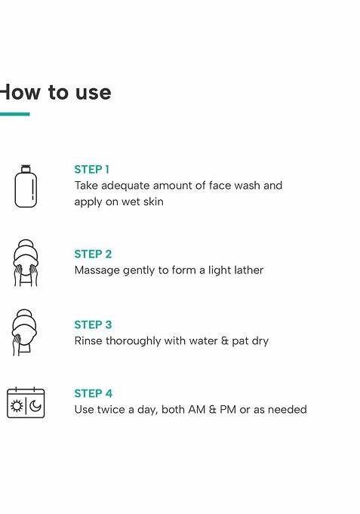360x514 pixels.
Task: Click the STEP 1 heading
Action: point(91,170)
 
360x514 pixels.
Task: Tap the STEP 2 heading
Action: point(93,254)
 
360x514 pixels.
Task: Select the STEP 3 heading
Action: point(93,325)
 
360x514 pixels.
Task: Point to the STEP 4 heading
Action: point(93,393)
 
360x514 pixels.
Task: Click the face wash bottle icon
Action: point(26,186)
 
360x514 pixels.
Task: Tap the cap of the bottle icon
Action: point(26,168)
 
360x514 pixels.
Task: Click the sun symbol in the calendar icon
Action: point(17,406)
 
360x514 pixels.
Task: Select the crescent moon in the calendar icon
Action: point(35,406)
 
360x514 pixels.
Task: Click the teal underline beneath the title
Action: point(15,114)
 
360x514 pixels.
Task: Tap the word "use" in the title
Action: point(94,93)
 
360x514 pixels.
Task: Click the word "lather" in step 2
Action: point(250,270)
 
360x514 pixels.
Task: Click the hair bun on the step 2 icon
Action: point(26,244)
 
